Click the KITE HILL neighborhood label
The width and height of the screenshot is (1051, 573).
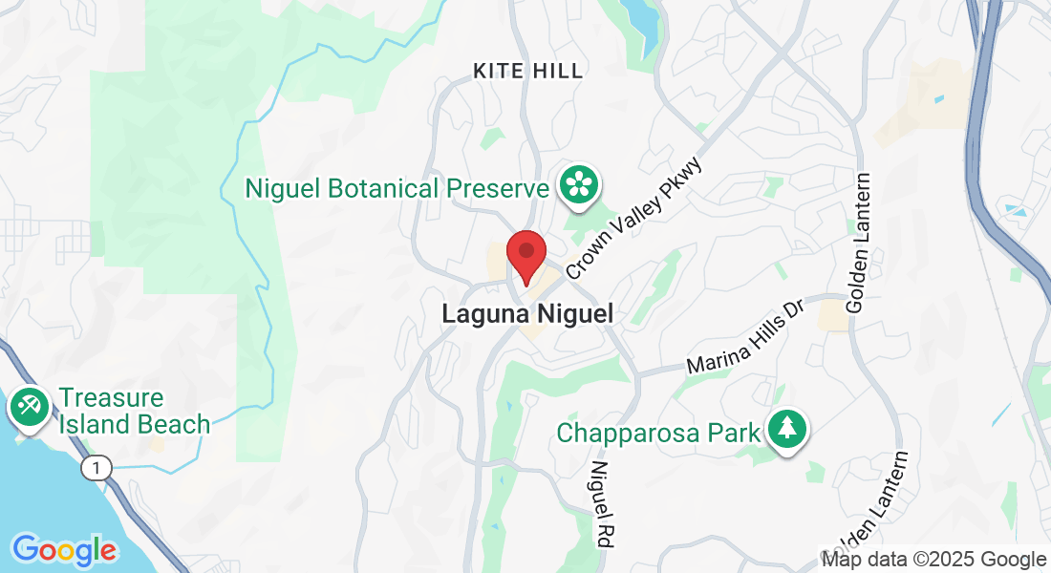tap(527, 71)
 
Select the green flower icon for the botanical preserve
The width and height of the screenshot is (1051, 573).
tap(579, 183)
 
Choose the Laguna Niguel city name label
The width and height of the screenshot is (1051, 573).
tap(526, 313)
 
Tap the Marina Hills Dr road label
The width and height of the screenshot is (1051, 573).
tap(748, 338)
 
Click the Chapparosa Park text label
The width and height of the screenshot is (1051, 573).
tap(659, 433)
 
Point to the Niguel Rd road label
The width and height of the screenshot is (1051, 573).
tap(601, 503)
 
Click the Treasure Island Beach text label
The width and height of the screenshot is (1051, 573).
tap(134, 411)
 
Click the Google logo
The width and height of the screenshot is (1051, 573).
tap(64, 549)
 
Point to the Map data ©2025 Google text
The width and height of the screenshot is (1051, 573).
tap(934, 560)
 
